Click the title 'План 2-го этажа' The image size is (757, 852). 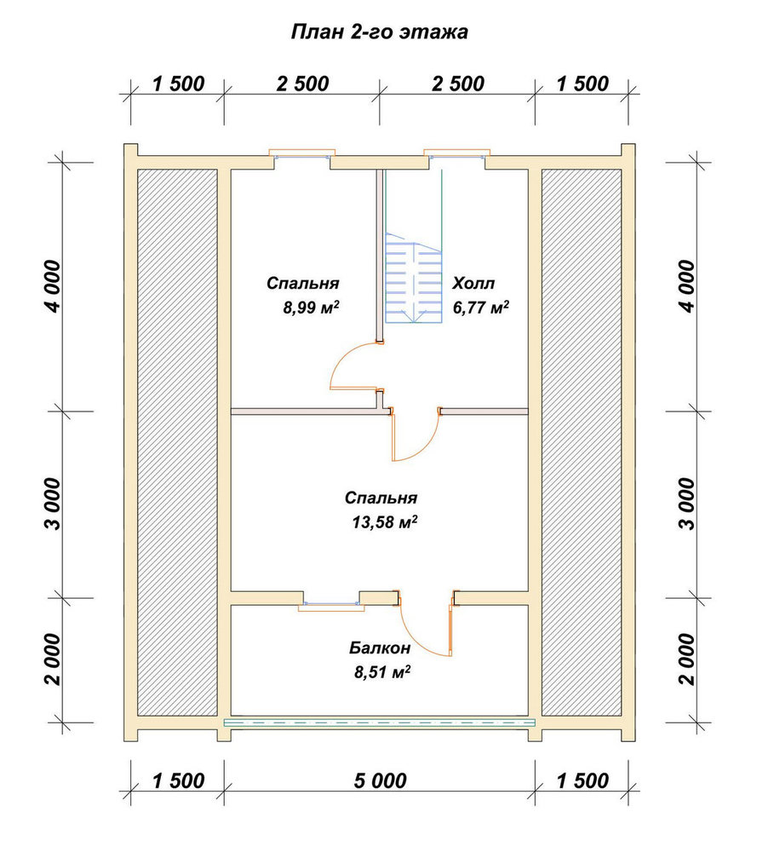pos(379,32)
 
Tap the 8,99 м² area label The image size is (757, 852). pos(312,308)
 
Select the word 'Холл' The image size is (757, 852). pos(473,283)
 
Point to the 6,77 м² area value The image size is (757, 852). pos(481,308)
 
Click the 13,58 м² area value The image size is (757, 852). pos(385,522)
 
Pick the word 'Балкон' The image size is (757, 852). pos(380,648)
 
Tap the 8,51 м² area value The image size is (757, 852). pos(382,672)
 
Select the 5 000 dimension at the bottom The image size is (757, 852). pos(380,780)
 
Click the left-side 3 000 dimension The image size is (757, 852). pos(53,504)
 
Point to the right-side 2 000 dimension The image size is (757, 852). pos(687,659)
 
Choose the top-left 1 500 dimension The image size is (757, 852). pos(178,84)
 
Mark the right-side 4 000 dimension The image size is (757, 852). pos(687,285)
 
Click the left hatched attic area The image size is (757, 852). pos(178,442)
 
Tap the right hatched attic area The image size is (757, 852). pos(582,442)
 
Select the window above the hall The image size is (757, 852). pos(456,154)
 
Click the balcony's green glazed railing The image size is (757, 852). pos(380,722)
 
